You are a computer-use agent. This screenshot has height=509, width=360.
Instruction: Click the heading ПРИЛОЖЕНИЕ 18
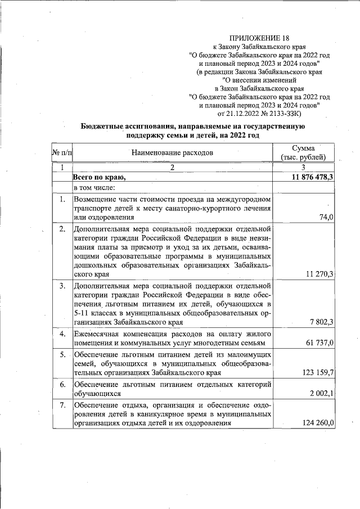coord(259,38)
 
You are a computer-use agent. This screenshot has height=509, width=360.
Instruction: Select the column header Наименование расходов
coord(173,152)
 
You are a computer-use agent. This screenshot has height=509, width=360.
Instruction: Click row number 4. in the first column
coord(63,334)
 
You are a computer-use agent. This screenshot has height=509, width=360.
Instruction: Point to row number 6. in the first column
coord(63,384)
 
